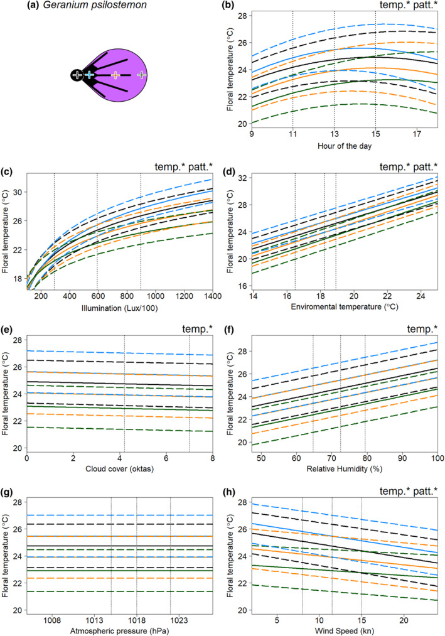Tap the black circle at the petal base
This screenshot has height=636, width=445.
pyautogui.click(x=77, y=75)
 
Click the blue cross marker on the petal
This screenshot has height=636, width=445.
pyautogui.click(x=89, y=75)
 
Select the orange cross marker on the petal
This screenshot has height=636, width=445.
pyautogui.click(x=115, y=75)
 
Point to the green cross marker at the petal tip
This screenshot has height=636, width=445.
pyautogui.click(x=141, y=75)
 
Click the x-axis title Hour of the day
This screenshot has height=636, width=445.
pyautogui.click(x=345, y=146)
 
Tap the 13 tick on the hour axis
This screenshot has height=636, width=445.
pyautogui.click(x=334, y=134)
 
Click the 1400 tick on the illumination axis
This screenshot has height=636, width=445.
pyautogui.click(x=213, y=296)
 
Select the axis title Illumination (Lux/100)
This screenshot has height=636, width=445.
pyautogui.click(x=120, y=308)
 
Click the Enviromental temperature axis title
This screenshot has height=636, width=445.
pyautogui.click(x=345, y=306)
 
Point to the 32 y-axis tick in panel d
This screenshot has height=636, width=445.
pyautogui.click(x=243, y=178)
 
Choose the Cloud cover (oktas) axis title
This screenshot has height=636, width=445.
pyautogui.click(x=120, y=469)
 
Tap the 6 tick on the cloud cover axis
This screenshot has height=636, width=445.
pyautogui.click(x=166, y=458)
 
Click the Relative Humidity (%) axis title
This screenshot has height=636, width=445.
pyautogui.click(x=345, y=469)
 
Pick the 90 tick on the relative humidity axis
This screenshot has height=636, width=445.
pyautogui.click(x=402, y=458)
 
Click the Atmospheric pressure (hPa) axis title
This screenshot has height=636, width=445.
pyautogui.click(x=120, y=631)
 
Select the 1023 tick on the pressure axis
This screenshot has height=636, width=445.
pyautogui.click(x=179, y=620)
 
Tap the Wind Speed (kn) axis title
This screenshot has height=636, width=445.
pyautogui.click(x=345, y=631)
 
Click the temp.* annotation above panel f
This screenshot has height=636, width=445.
pyautogui.click(x=422, y=330)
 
